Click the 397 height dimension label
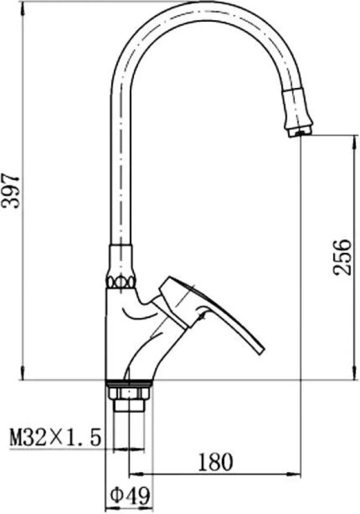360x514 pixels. pos(11,192)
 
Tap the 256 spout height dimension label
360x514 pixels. pos(341,258)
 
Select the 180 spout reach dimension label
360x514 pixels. pos(215,462)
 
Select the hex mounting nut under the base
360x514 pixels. pos(128,393)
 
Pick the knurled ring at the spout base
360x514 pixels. pos(121,281)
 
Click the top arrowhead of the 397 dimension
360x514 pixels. pos(22,7)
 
